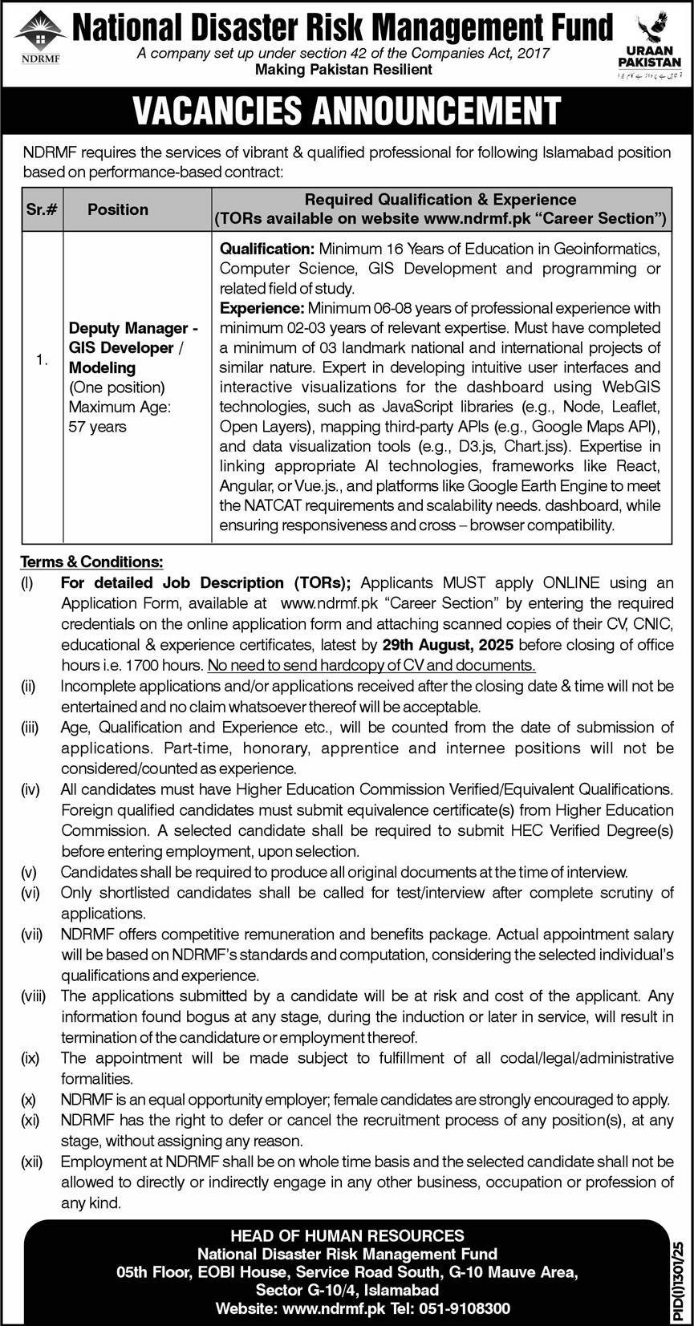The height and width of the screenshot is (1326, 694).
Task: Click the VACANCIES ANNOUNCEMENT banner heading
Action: coord(347,112)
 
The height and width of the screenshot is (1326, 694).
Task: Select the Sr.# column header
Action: coord(42,209)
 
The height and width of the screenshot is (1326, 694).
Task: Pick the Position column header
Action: coord(118,209)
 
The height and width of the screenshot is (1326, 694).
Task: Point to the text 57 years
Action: coord(97,427)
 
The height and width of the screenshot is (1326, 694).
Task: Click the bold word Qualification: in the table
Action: coord(267,249)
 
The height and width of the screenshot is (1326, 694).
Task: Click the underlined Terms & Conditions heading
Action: coord(91,562)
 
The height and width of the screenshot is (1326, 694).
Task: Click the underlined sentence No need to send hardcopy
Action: coord(371,665)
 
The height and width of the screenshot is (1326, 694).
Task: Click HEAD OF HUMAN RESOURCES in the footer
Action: coord(347,1236)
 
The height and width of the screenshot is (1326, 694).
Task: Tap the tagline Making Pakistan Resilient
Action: coord(343,70)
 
